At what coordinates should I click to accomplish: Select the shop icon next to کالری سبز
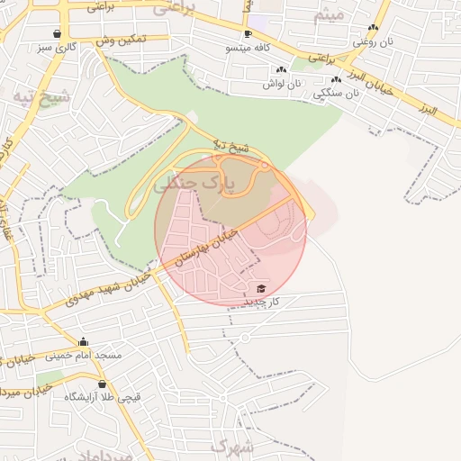click(58, 33)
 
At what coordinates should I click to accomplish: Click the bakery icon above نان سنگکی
click(336, 79)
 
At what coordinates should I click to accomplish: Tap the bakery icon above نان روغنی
click(373, 28)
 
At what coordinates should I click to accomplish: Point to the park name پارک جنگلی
click(194, 184)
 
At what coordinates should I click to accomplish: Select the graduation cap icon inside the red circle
click(261, 288)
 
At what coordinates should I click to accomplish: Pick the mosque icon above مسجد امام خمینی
click(84, 342)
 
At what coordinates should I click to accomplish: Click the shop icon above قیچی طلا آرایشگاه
click(89, 384)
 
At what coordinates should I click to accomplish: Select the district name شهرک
click(232, 447)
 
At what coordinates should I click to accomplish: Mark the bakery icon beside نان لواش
click(281, 69)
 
